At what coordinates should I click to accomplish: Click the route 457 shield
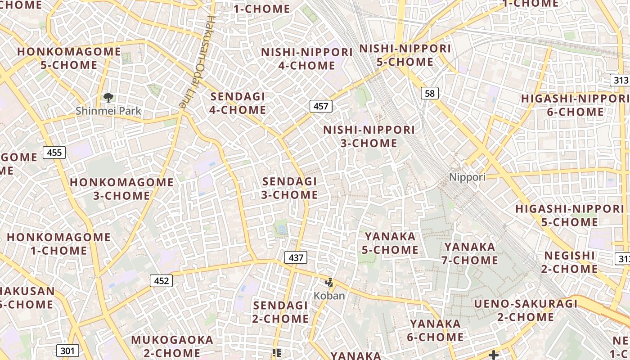(x=321, y=106)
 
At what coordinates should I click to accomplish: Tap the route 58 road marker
(x=430, y=93)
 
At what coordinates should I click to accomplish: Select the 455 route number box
(x=54, y=153)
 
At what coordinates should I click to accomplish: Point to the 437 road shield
(x=296, y=257)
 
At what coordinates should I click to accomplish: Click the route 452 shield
(x=161, y=281)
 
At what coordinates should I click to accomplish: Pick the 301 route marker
(x=67, y=351)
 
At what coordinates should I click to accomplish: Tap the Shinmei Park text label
(x=108, y=111)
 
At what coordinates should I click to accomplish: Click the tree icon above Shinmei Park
(x=108, y=97)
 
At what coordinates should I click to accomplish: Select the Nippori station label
(x=467, y=177)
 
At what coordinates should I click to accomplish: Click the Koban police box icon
(x=329, y=283)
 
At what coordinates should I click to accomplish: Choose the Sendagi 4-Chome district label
(x=238, y=103)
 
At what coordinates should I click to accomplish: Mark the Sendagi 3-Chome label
(x=290, y=188)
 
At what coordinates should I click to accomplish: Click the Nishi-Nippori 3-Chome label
(x=369, y=136)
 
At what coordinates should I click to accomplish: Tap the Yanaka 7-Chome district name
(x=470, y=253)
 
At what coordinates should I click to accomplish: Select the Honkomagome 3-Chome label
(x=121, y=189)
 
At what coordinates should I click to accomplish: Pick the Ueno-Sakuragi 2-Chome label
(x=526, y=310)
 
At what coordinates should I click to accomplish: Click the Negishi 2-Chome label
(x=570, y=262)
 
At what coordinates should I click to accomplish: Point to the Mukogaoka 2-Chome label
(x=172, y=346)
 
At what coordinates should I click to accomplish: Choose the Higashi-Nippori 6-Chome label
(x=575, y=105)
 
